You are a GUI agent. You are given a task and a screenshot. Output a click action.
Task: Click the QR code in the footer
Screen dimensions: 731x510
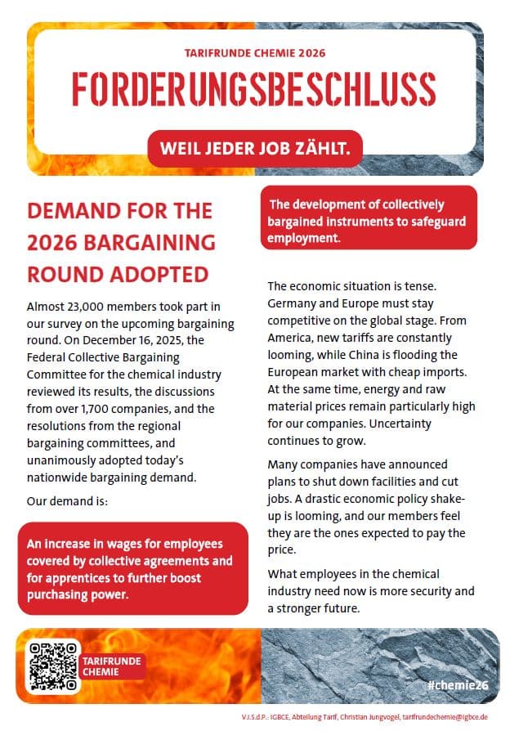coord(53,665)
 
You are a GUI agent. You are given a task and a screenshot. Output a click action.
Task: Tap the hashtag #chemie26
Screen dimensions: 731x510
coord(457,684)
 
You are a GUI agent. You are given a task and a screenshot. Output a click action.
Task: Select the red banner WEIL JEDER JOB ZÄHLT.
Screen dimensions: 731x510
coord(255,149)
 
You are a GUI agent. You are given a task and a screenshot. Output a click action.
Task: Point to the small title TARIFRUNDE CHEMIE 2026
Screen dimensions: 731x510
coord(256,52)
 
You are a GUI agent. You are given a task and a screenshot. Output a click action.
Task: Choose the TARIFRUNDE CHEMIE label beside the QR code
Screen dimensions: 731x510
coord(112,666)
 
